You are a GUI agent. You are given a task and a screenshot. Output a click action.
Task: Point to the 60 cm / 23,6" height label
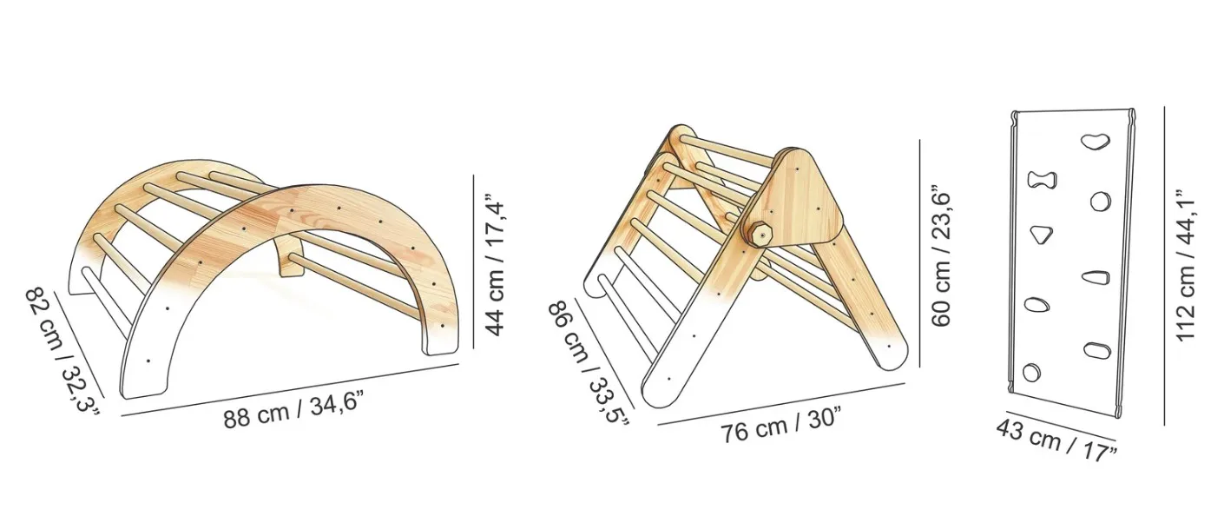click(942, 255)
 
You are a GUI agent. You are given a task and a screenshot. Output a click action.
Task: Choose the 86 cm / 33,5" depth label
click(589, 361)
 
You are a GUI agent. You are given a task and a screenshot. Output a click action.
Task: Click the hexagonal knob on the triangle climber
click(760, 235)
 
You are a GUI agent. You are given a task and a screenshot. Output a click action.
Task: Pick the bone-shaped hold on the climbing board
click(1043, 180)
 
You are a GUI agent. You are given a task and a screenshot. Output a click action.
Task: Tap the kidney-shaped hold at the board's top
click(1096, 141)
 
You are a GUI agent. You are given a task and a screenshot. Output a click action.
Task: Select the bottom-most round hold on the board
click(1031, 372)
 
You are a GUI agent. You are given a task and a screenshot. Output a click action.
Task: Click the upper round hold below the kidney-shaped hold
click(1100, 202)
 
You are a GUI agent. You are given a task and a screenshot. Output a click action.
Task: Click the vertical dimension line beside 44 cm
click(474, 261)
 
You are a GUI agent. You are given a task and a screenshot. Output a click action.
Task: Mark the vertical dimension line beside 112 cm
click(1164, 265)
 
